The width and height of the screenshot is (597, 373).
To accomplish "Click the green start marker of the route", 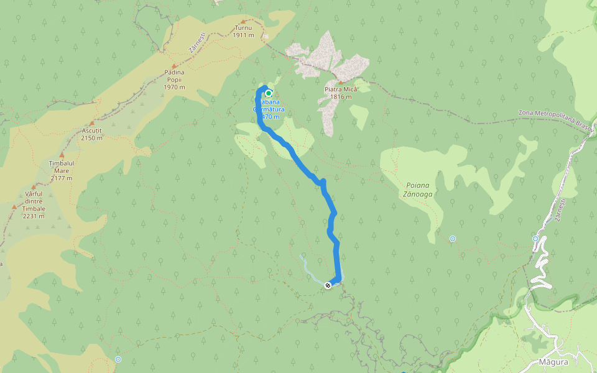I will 269,94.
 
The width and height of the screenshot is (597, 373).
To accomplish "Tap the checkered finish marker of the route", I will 328,285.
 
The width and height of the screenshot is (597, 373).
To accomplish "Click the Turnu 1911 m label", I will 244,32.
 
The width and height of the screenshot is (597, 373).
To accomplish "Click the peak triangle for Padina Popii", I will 174,65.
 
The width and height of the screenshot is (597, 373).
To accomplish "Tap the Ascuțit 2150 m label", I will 91,134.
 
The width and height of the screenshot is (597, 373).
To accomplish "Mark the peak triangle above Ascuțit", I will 91,123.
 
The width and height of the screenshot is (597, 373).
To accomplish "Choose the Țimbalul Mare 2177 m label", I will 61,170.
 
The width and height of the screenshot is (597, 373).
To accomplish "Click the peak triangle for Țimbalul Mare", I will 62,155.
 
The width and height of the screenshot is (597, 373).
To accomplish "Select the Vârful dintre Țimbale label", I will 34,205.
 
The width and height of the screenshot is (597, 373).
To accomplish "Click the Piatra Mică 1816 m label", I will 341,93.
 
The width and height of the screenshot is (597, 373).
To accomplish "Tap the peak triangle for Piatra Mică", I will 340,82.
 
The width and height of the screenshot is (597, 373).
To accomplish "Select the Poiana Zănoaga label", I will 419,190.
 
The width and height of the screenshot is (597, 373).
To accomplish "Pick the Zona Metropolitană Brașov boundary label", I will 555,116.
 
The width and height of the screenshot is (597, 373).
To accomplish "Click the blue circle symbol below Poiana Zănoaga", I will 453,239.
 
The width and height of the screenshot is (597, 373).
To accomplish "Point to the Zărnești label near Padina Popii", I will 196,44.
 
